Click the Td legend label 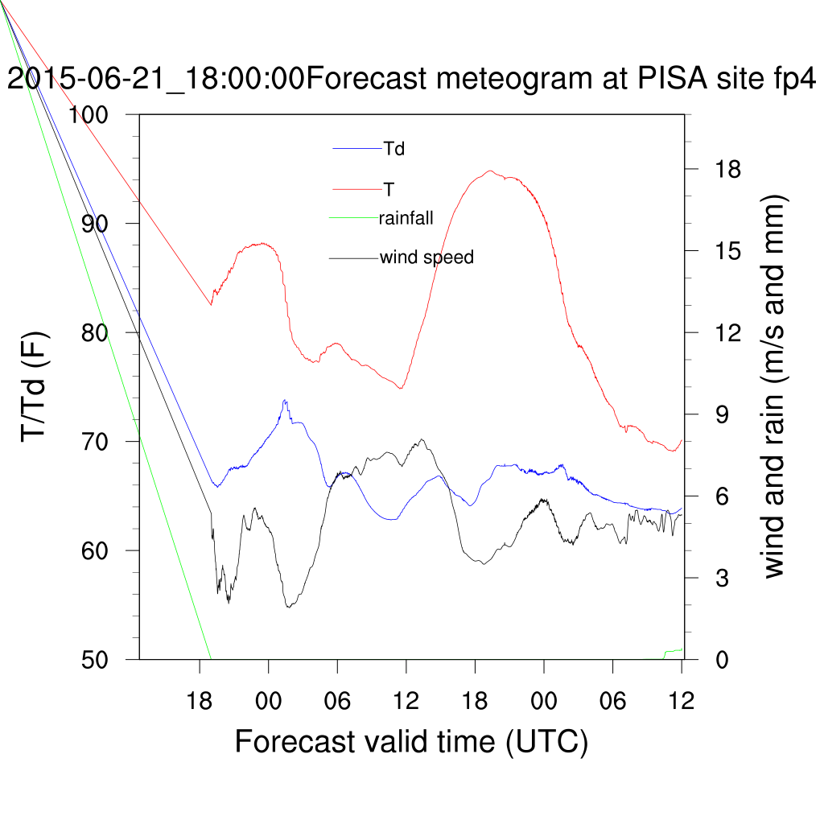click(x=393, y=148)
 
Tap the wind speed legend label click(x=426, y=257)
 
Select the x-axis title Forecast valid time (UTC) click(x=411, y=740)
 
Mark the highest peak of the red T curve click(x=489, y=171)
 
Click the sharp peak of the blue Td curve click(x=285, y=400)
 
